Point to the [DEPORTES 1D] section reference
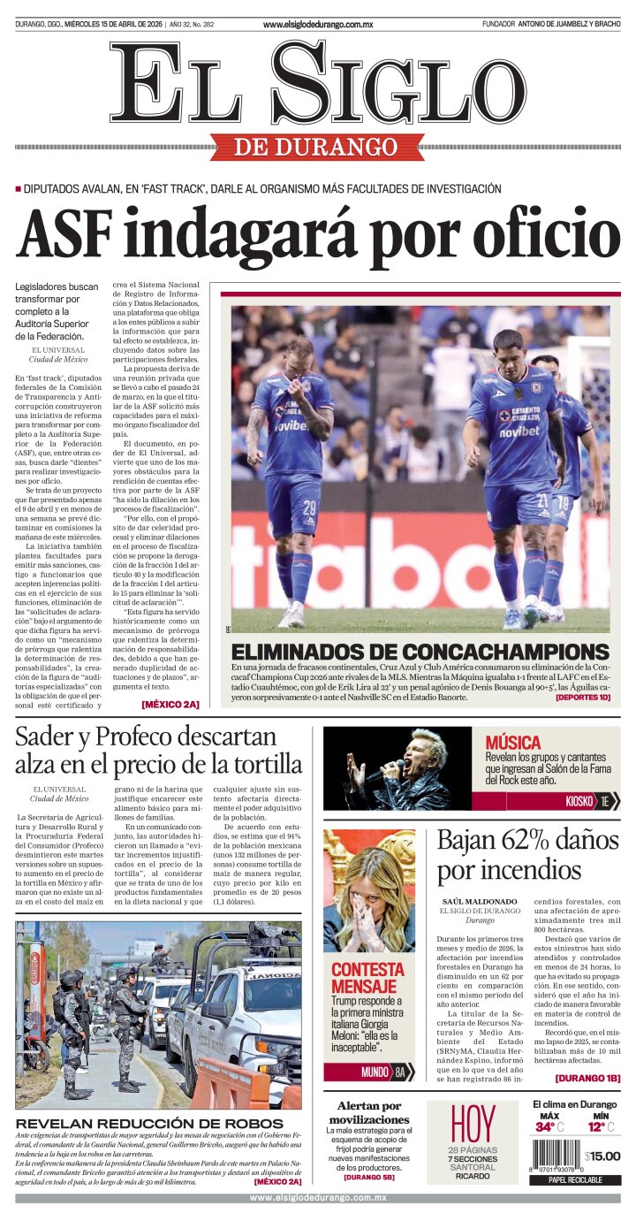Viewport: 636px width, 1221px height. (582, 698)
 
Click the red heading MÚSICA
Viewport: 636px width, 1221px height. (513, 743)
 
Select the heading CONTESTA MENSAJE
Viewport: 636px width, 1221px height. (367, 977)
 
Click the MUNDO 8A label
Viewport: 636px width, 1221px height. (385, 1072)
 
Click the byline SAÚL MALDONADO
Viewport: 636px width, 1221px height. (480, 901)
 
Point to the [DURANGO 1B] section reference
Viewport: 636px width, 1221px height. (587, 1078)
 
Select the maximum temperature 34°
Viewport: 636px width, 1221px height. (545, 1127)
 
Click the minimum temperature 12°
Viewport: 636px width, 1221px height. (597, 1127)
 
